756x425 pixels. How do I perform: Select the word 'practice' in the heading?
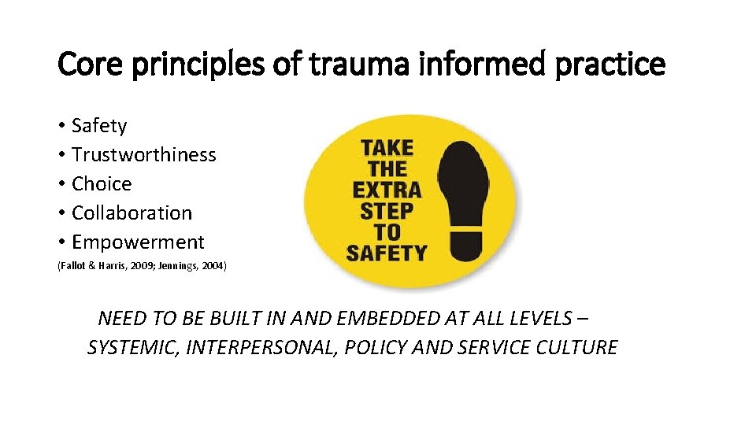[610, 65]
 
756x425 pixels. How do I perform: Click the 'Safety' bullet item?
[98, 126]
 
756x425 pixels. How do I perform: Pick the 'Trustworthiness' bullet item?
[143, 155]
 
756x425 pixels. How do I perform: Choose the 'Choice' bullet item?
[102, 184]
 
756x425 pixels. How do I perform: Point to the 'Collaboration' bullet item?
[132, 213]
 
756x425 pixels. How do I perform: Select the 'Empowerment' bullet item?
[138, 242]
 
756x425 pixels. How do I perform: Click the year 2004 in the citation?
[212, 267]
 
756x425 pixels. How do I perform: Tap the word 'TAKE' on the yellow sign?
[387, 147]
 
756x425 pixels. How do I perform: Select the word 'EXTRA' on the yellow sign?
[387, 190]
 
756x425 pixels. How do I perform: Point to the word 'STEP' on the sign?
[387, 211]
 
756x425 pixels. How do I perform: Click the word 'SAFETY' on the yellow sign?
[387, 253]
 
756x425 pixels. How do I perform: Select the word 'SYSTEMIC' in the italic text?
[132, 347]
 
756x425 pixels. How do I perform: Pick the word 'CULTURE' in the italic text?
[576, 347]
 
